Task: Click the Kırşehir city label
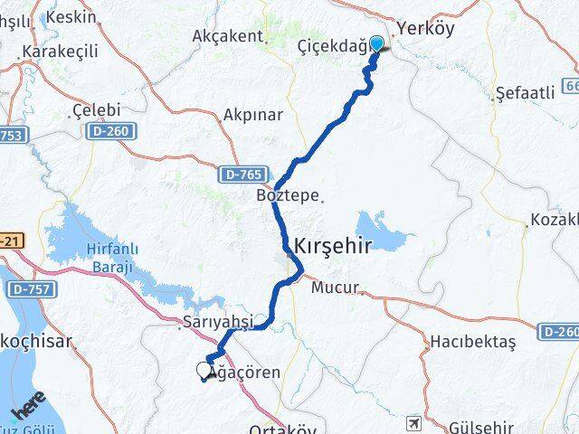[x=332, y=244]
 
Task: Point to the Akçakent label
[x=228, y=36]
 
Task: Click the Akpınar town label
[x=252, y=115]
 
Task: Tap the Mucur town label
[x=335, y=289]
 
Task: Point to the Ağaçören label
[x=244, y=373]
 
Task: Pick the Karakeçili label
[x=60, y=52]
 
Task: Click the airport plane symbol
[x=413, y=422]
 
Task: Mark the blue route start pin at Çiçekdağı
[x=375, y=43]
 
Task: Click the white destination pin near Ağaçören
[x=204, y=369]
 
